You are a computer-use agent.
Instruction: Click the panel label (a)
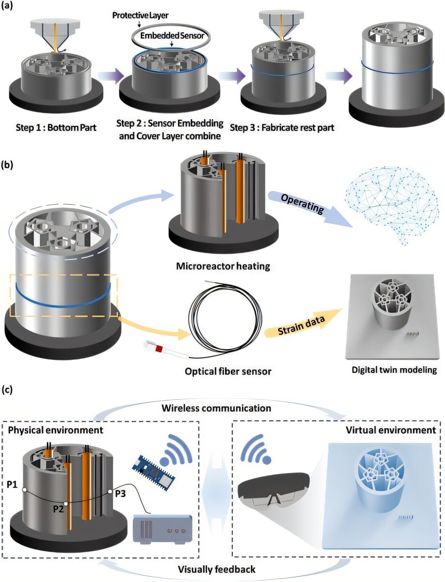(x=7, y=6)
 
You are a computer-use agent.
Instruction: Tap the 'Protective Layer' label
(x=140, y=15)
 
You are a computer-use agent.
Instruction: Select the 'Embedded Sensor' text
(x=172, y=35)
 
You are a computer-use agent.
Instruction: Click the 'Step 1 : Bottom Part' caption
(x=56, y=127)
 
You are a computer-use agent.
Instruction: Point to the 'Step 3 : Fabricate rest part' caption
(x=282, y=128)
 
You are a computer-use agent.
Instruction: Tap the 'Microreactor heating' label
(x=223, y=266)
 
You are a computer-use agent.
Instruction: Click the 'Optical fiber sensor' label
(x=228, y=371)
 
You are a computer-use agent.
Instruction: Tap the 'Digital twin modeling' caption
(x=394, y=369)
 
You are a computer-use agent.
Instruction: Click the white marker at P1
(x=25, y=490)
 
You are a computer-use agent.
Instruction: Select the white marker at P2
(x=66, y=503)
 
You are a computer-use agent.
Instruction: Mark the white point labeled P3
(x=110, y=491)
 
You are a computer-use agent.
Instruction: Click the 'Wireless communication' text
(x=216, y=408)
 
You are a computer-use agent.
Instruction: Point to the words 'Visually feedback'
(x=217, y=569)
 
